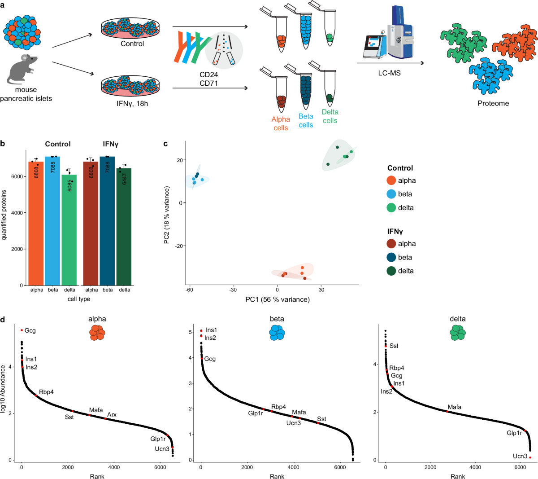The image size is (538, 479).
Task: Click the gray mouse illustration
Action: pyautogui.click(x=22, y=70)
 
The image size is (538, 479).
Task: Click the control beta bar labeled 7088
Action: pyautogui.click(x=53, y=220)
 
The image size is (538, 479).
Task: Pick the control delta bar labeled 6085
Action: pyautogui.click(x=69, y=229)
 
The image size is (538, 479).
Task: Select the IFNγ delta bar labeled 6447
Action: pyautogui.click(x=124, y=227)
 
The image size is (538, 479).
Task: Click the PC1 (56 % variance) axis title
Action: pyautogui.click(x=278, y=299)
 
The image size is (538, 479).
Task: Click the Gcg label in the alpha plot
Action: pyautogui.click(x=30, y=331)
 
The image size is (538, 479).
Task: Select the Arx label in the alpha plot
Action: pyautogui.click(x=112, y=414)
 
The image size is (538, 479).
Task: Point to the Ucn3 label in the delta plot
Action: pyautogui.click(x=520, y=456)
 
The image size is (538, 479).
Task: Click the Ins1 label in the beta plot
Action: pyautogui.click(x=211, y=330)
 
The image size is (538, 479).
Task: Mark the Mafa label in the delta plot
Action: pyautogui.click(x=454, y=407)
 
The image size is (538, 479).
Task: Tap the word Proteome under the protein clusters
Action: pyautogui.click(x=493, y=103)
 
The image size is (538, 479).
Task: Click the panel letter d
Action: pyautogui.click(x=3, y=320)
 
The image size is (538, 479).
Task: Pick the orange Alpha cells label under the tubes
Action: pyautogui.click(x=281, y=123)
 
